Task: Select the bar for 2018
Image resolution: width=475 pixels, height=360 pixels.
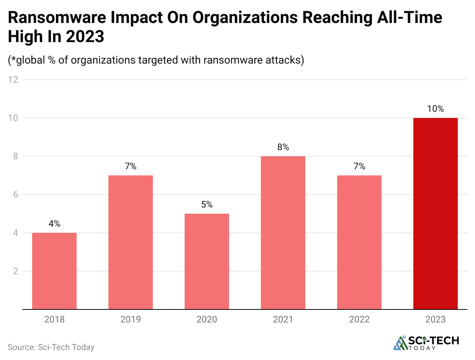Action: (54, 271)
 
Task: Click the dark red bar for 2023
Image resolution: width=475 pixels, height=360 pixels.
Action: (436, 213)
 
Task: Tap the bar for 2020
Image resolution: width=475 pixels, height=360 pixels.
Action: (207, 261)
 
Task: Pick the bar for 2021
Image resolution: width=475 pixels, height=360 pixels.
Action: (283, 232)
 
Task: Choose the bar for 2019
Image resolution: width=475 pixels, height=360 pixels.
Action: (131, 242)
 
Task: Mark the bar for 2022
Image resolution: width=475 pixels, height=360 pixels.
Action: (359, 242)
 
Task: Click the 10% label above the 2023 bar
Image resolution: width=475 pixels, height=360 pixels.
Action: (436, 109)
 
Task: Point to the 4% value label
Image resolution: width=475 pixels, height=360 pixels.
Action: (54, 224)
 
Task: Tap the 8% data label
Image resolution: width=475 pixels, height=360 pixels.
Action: (283, 147)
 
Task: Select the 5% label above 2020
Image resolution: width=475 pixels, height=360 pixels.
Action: (207, 205)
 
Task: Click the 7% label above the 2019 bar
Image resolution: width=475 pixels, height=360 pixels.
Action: (131, 166)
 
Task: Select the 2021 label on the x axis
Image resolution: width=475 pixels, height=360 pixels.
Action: (283, 319)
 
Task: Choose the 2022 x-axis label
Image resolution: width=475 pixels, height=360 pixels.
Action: (359, 319)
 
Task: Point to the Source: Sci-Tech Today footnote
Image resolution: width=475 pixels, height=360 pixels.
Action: (51, 347)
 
